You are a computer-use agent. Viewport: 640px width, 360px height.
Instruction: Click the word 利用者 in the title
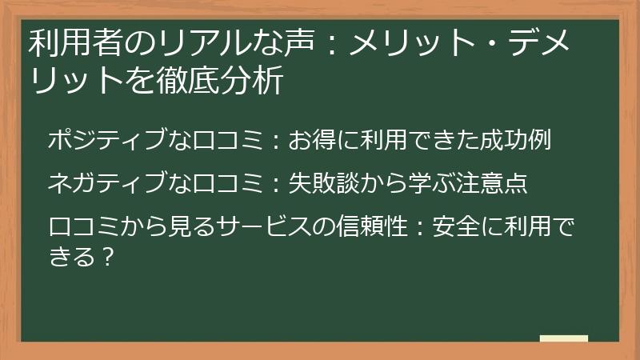click(66, 42)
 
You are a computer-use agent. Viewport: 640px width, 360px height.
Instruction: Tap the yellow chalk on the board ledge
click(563, 338)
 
